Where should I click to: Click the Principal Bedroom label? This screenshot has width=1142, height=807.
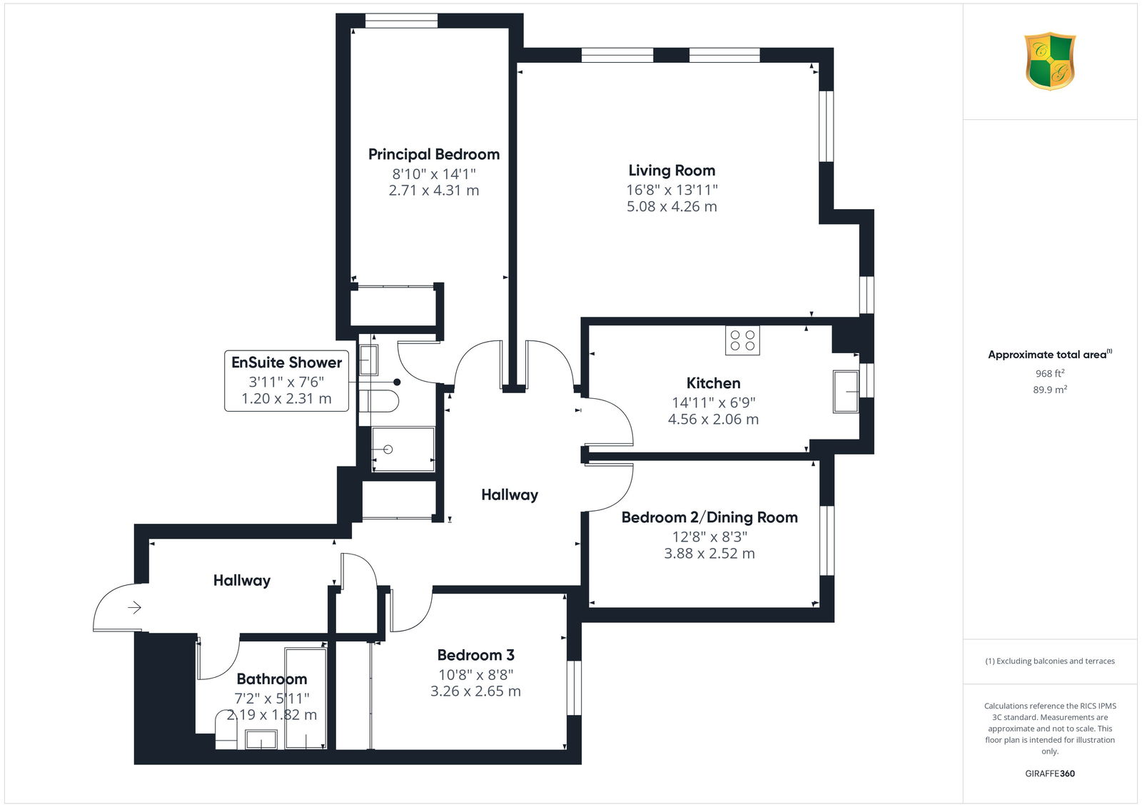(x=434, y=154)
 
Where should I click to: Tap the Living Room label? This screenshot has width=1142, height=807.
(x=672, y=171)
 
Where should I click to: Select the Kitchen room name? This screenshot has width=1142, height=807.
(x=713, y=383)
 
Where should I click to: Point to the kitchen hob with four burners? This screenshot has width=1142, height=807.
(x=742, y=340)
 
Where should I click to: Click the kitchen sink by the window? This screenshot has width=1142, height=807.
(x=846, y=391)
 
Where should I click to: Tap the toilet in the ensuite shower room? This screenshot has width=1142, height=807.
(x=379, y=401)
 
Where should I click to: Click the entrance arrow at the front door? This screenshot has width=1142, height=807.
(x=134, y=607)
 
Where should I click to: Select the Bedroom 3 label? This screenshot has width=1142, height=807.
(x=475, y=655)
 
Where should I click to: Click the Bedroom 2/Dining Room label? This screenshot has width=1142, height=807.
(x=709, y=517)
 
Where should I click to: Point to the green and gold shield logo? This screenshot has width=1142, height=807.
(x=1050, y=61)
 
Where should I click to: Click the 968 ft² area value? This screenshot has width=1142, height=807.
(x=1050, y=373)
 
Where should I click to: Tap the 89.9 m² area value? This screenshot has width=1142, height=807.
(x=1050, y=390)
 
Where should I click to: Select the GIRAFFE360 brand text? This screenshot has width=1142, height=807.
(x=1050, y=773)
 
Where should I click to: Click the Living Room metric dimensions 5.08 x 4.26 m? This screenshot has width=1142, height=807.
(x=672, y=206)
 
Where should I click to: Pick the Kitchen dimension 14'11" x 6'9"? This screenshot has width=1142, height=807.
(x=713, y=402)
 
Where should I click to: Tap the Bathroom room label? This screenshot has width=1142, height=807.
(x=272, y=679)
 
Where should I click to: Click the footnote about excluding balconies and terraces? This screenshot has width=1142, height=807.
(x=1050, y=661)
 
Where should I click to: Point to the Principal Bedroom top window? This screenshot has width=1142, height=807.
(x=401, y=21)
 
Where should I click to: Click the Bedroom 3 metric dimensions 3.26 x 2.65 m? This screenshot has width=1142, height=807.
(x=475, y=691)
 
